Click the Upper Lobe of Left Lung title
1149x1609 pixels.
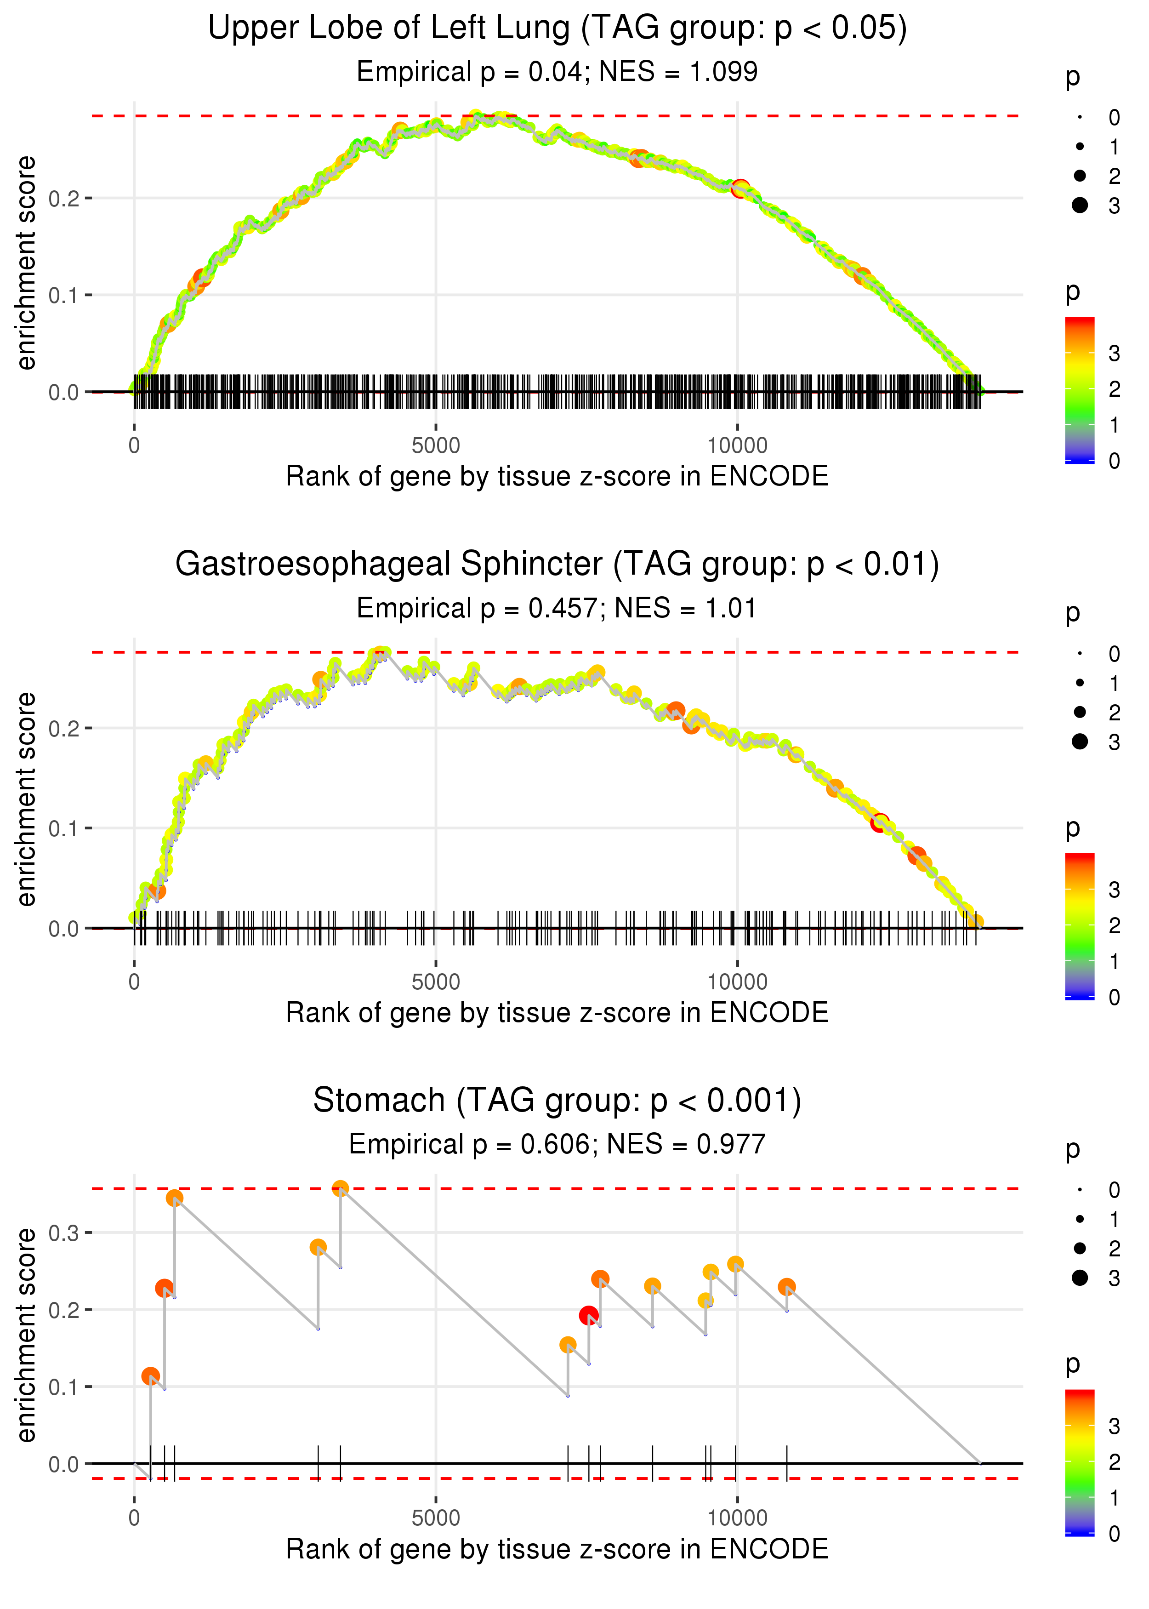[557, 29]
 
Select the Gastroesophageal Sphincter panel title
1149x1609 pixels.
[557, 565]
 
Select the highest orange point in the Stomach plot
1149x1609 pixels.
[340, 1189]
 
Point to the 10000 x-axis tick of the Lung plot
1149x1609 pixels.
[737, 446]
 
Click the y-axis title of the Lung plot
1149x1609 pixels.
[26, 263]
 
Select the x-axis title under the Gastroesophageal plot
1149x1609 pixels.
[557, 1013]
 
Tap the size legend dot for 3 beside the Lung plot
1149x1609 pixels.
[1080, 205]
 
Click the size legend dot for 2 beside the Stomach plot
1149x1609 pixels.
[1080, 1249]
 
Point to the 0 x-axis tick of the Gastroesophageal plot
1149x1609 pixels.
[134, 982]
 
